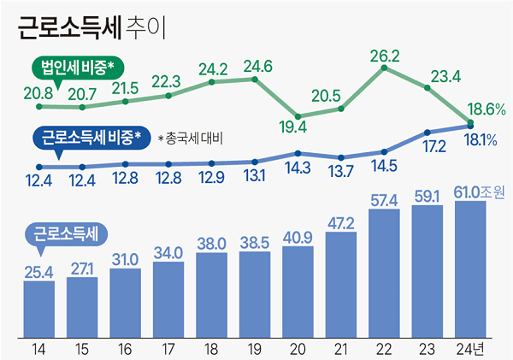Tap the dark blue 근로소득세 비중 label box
pos(91,136)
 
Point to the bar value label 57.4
pos(384,199)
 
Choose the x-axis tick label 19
pos(255,347)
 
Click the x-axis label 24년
pos(470,347)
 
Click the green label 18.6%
pos(486,109)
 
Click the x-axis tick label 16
pos(125,347)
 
